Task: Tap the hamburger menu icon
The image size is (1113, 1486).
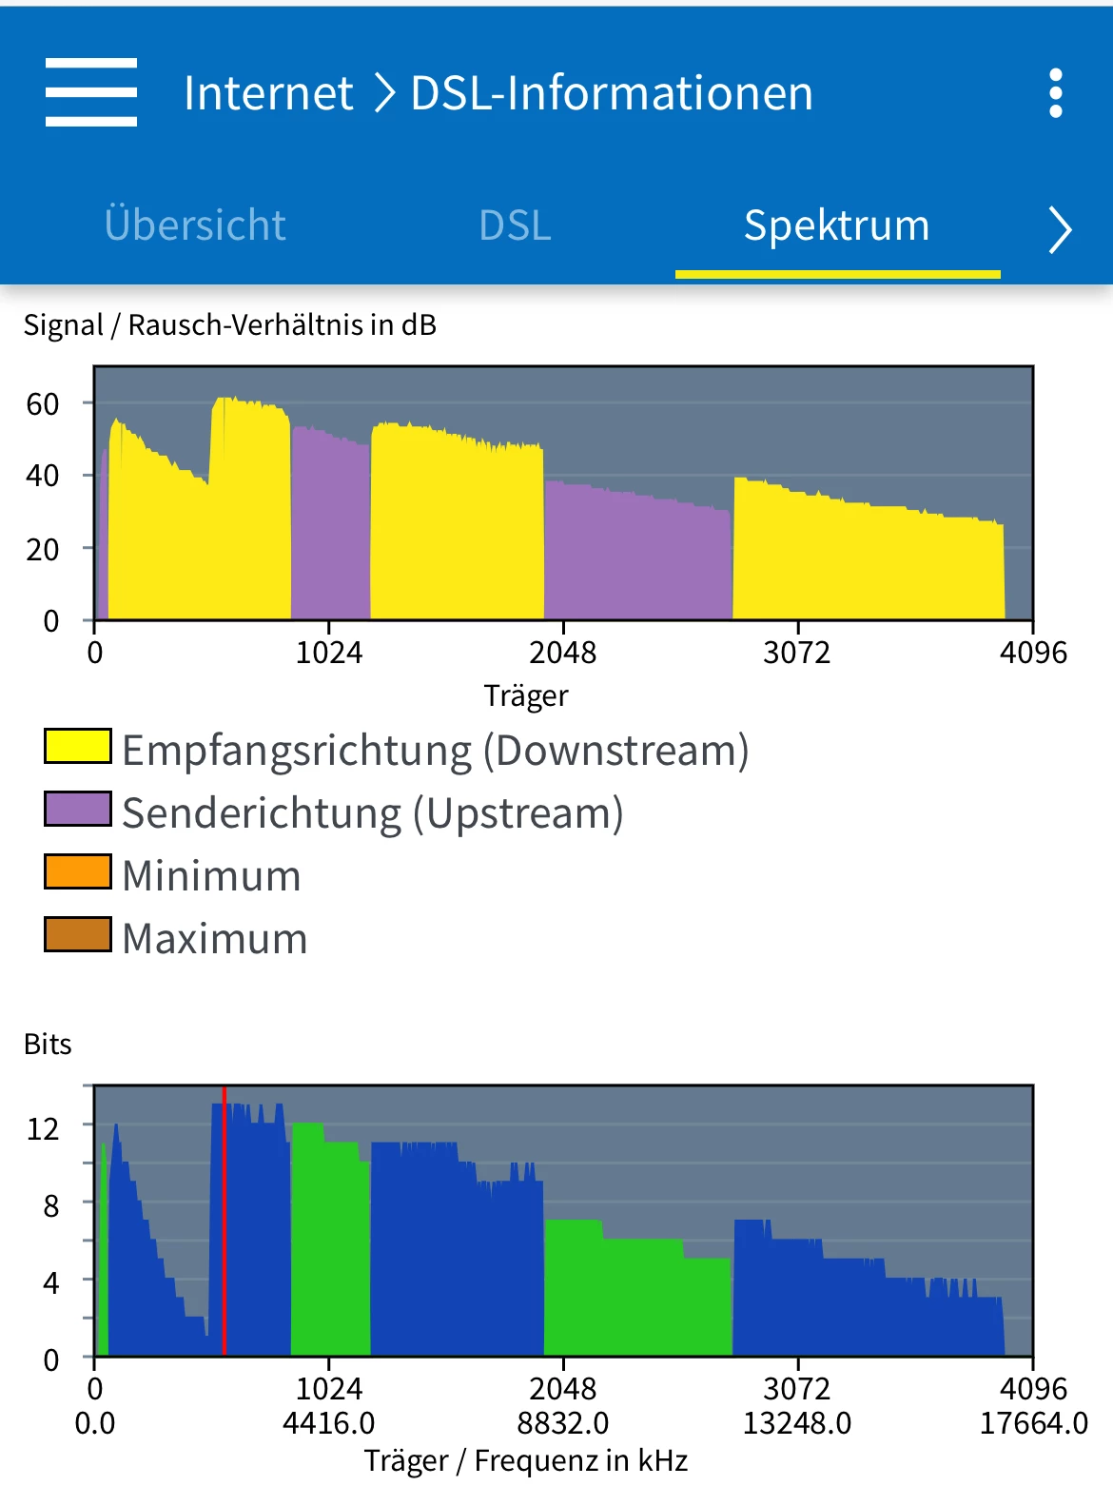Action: [91, 92]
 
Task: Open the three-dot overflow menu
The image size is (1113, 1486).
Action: [1055, 93]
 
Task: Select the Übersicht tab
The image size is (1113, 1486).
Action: [195, 225]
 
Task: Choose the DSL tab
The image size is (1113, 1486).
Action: [515, 225]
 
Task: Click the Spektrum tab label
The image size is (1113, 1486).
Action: [836, 225]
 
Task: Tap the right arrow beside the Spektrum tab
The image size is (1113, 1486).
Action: [1060, 229]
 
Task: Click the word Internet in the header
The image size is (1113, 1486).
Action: [268, 93]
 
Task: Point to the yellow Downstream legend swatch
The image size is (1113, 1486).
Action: [78, 746]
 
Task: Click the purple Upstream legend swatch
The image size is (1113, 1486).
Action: [78, 810]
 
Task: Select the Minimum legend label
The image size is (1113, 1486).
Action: [211, 875]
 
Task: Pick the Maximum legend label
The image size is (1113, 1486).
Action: [215, 938]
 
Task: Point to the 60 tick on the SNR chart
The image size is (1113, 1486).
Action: [43, 404]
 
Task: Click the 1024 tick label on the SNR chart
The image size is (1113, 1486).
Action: [329, 653]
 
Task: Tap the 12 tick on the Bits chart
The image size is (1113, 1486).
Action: [43, 1128]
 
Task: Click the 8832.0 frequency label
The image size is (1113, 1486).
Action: [563, 1423]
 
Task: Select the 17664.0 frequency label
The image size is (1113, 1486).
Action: [1033, 1423]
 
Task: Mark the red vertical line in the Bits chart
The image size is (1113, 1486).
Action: [225, 1227]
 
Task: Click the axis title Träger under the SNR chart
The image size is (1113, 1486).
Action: [526, 695]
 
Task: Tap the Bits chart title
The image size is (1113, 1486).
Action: [48, 1044]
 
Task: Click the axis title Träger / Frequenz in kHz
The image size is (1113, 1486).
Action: [526, 1460]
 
